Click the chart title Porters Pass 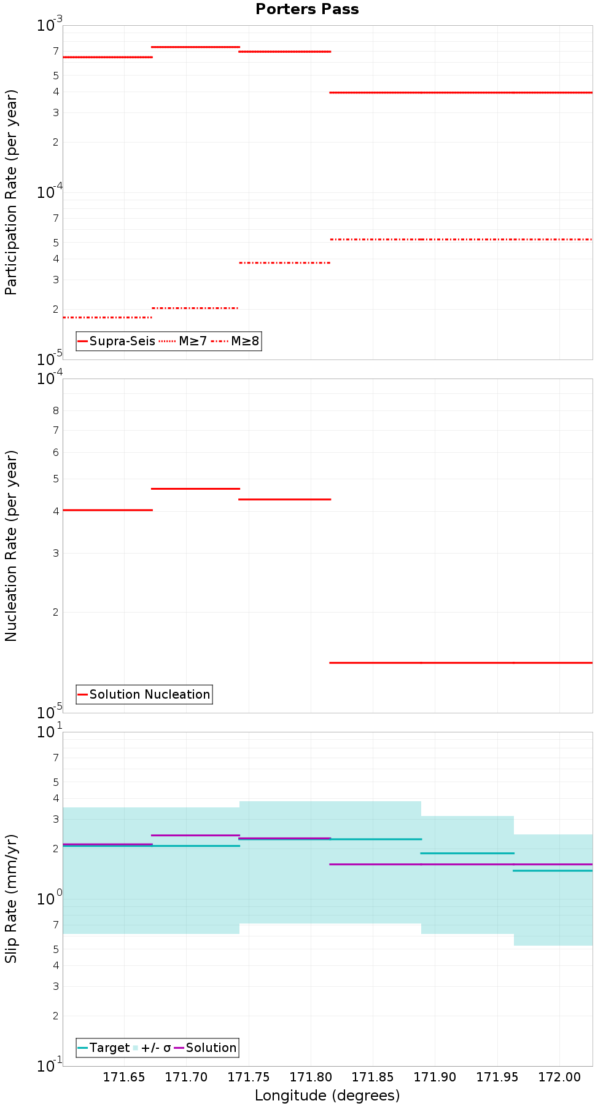pos(307,9)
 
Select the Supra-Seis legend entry pos(117,341)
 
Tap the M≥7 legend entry pos(184,341)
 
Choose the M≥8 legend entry pos(236,341)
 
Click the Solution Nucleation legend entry pos(144,694)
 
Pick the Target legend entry pos(104,1048)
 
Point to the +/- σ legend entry pos(151,1048)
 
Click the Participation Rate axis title pos(11,192)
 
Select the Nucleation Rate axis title pos(11,546)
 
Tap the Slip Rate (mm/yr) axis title pos(11,899)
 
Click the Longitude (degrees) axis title pos(327,1096)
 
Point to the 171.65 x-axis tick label pos(124,1077)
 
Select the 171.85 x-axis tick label pos(373,1077)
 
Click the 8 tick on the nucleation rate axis pos(56,410)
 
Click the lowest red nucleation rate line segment pos(460,662)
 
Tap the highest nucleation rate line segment pos(195,488)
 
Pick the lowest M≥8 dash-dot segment pos(107,317)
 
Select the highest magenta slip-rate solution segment pos(195,835)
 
